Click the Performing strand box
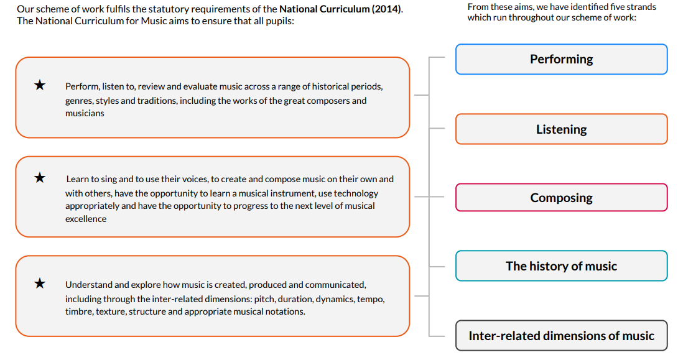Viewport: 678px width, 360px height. pos(561,59)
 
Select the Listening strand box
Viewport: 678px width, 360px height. pos(561,129)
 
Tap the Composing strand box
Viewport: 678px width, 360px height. pos(561,198)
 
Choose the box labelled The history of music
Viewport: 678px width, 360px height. pos(561,265)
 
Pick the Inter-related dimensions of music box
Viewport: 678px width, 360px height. pos(561,336)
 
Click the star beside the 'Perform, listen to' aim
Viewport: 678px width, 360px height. pos(40,85)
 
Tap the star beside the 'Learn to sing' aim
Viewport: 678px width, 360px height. pos(40,178)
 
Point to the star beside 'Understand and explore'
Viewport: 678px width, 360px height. pos(40,283)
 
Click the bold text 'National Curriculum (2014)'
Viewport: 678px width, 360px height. pos(340,9)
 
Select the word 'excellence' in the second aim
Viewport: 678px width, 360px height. pos(86,219)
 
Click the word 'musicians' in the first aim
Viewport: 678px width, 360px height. pos(85,113)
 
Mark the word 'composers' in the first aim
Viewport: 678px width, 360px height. pos(328,101)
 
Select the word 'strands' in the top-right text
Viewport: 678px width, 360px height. pos(641,7)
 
